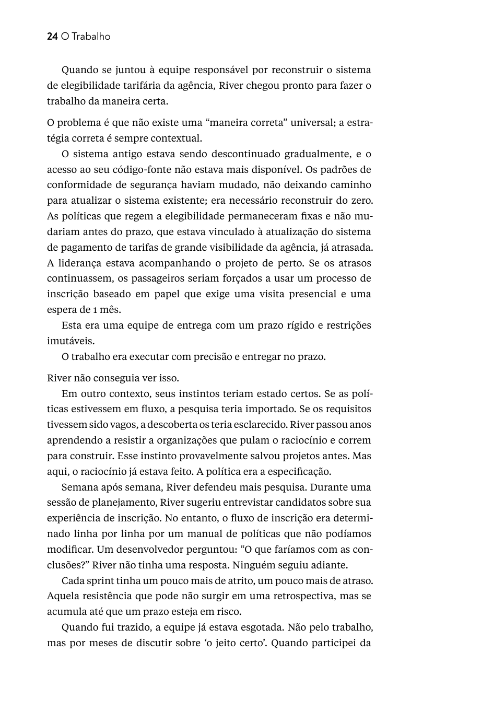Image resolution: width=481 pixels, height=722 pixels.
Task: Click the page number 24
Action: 52,37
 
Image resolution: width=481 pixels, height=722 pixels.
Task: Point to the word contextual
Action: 176,138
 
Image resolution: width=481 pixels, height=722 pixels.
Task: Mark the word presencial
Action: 308,294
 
